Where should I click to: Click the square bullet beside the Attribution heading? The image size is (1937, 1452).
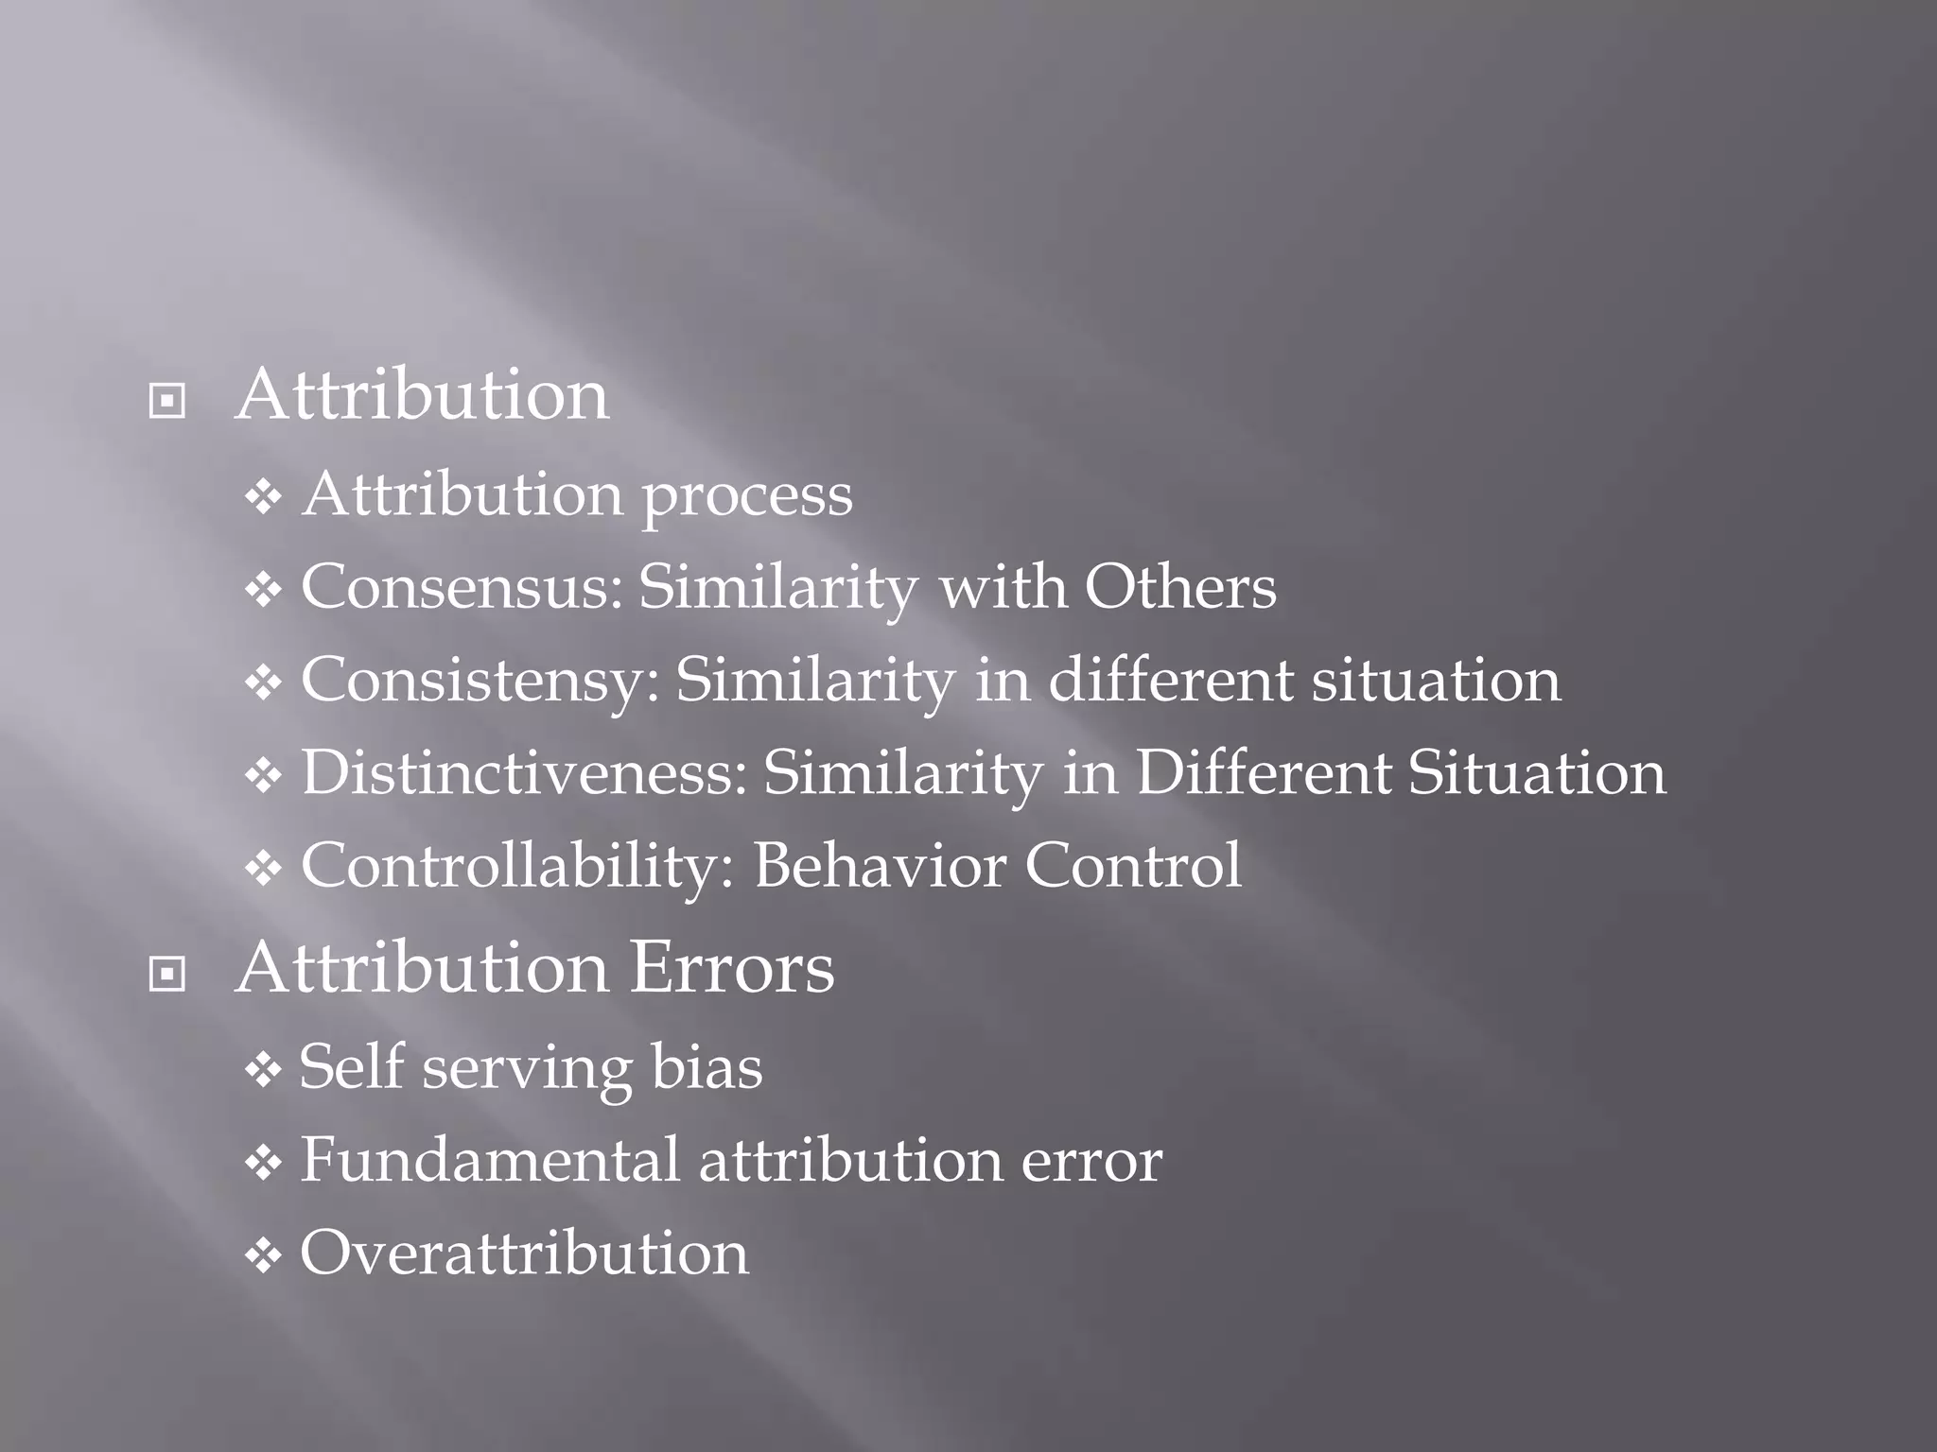(167, 402)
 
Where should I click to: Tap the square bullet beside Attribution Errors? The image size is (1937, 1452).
(167, 974)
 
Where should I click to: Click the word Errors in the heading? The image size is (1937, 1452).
(731, 968)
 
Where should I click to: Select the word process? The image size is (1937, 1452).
(747, 496)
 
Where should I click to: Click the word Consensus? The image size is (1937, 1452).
(462, 588)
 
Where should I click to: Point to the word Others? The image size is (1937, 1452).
(1179, 588)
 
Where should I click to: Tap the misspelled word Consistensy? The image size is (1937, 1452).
(480, 681)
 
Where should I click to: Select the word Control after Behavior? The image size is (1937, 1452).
(1133, 866)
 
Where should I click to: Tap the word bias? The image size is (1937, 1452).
(707, 1067)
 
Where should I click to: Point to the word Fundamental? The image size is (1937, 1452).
(490, 1160)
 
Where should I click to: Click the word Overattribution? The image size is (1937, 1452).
(524, 1253)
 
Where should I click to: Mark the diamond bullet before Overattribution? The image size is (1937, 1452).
(262, 1256)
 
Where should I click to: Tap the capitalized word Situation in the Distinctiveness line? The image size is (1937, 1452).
(1536, 773)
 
